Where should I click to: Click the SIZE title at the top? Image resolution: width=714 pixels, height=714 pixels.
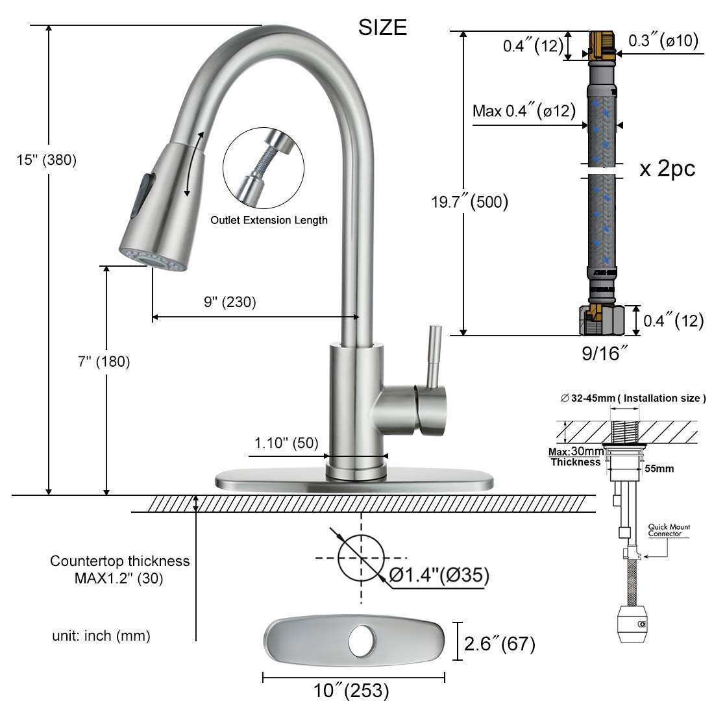pos(383,27)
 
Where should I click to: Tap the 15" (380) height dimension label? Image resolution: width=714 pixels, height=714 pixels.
pos(47,160)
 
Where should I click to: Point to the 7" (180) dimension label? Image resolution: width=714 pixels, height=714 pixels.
pos(104,362)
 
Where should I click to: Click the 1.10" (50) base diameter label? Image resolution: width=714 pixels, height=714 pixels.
pos(286,443)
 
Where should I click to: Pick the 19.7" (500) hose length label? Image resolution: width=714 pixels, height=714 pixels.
pos(469,202)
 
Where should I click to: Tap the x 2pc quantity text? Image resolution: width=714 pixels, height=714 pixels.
pos(667,169)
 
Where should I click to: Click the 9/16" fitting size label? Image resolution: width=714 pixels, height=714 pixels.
pos(604,354)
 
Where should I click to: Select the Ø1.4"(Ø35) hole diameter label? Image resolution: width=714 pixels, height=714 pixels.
pos(439,574)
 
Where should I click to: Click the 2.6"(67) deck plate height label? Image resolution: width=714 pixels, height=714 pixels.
pos(500,645)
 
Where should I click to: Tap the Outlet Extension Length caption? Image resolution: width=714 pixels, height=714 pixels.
pos(268,220)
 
